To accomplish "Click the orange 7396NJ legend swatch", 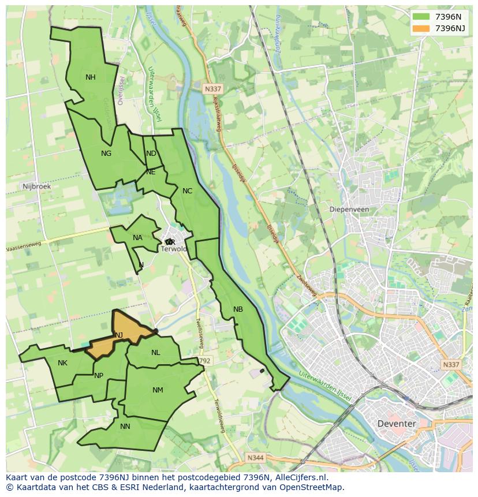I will pos(421,28).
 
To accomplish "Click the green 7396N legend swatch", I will pos(421,17).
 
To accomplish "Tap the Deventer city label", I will pos(396,423).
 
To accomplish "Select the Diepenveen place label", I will pos(349,210).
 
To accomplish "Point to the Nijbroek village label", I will pos(36,186).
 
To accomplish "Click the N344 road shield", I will pos(255,458).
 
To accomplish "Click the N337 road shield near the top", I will pos(212,89).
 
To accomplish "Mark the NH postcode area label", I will pos(91,77).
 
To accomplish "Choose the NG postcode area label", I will pos(106,154).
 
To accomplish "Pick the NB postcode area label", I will pos(238,309).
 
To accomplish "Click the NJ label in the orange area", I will pos(119,335).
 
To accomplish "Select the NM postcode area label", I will pos(158,390).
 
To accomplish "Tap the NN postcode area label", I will pos(125,427).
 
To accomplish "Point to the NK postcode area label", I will pos(62,363).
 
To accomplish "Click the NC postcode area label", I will pos(187,191).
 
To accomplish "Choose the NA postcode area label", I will pos(137,238).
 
